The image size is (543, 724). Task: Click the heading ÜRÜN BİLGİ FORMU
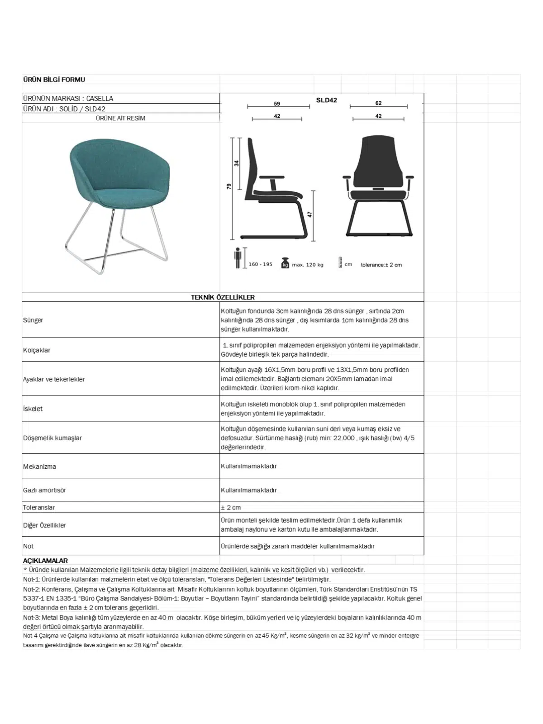[x=54, y=80]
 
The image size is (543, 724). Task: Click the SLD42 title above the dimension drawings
[x=326, y=100]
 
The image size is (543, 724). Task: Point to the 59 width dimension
[x=277, y=104]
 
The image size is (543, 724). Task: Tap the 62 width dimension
[x=378, y=103]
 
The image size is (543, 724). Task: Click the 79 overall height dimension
[x=229, y=186]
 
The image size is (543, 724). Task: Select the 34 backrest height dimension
[x=237, y=163]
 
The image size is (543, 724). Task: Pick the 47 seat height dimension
[x=310, y=214]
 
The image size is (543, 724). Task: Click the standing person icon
[x=238, y=258]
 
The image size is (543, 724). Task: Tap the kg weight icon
[x=285, y=263]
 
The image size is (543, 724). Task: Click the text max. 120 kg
[x=308, y=265]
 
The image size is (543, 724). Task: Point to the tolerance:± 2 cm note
[x=381, y=265]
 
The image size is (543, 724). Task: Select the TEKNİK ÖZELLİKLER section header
[x=223, y=297]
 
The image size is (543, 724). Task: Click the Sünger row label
[x=33, y=320]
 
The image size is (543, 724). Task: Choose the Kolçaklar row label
[x=37, y=350]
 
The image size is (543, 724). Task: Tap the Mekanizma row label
[x=39, y=467]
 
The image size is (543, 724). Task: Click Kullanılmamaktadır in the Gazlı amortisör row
[x=248, y=490]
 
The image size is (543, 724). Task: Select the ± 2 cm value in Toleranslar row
[x=231, y=507]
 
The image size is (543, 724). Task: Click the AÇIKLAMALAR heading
[x=45, y=561]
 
